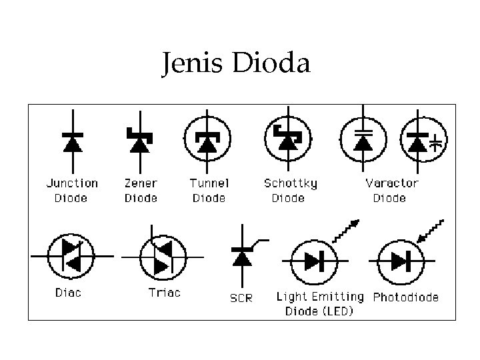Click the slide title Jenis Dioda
click(x=235, y=64)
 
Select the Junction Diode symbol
click(x=72, y=141)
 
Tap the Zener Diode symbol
click(x=139, y=141)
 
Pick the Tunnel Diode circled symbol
click(x=207, y=141)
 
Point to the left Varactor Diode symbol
click(x=363, y=141)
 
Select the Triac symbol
click(x=161, y=257)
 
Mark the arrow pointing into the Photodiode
click(x=431, y=231)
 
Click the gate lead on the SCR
click(x=261, y=242)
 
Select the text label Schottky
click(x=291, y=183)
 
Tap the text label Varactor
click(x=391, y=183)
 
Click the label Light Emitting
click(x=320, y=297)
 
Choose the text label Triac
click(x=164, y=292)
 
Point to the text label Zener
click(x=141, y=183)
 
